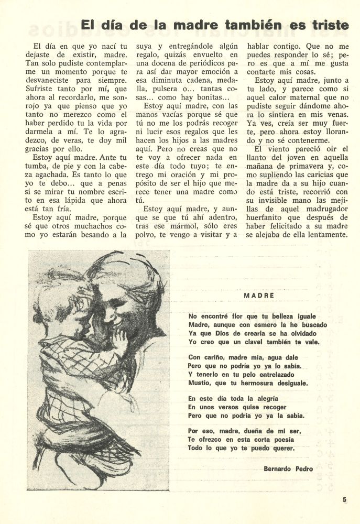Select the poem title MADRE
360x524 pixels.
tap(259, 296)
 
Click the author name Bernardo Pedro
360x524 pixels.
tap(288, 468)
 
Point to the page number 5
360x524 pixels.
tap(345, 500)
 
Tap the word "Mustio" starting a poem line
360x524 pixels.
tap(198, 384)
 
